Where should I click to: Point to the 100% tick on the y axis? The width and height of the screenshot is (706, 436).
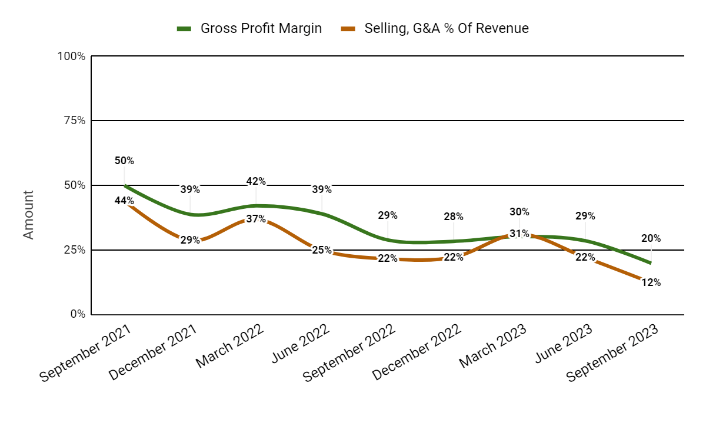71,56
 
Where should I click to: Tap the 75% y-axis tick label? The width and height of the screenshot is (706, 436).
74,121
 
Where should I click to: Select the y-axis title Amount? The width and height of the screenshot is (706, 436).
28,214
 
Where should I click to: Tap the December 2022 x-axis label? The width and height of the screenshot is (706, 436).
417,351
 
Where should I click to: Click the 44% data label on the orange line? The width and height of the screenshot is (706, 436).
124,201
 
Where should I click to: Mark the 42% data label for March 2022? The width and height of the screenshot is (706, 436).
256,181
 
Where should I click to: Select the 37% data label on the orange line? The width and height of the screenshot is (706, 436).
256,219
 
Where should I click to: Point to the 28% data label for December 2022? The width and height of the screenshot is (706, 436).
454,217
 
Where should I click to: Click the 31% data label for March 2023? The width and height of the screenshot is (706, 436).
519,234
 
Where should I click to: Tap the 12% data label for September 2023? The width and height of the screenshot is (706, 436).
651,282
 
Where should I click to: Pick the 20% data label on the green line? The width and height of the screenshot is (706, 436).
651,238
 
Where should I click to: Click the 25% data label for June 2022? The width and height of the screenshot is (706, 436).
322,251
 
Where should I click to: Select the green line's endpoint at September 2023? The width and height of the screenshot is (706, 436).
651,263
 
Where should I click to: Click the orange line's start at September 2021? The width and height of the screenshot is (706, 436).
125,201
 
